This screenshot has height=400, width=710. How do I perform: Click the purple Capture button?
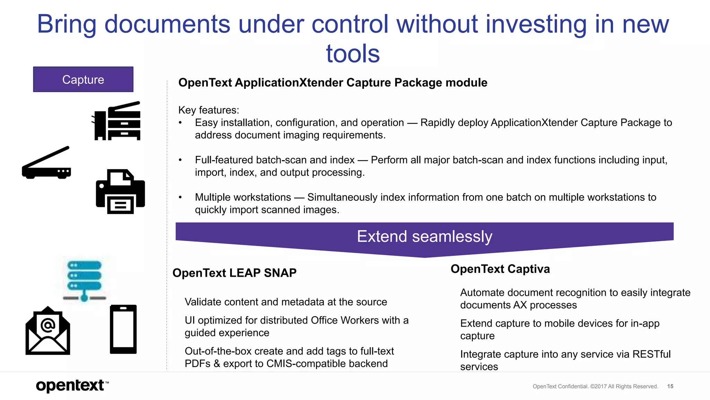[83, 80]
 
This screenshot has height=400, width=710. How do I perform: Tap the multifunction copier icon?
[117, 121]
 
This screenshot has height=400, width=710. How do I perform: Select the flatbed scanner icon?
[46, 163]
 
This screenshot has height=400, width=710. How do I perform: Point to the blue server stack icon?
[84, 280]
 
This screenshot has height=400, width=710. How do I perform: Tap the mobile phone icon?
[123, 329]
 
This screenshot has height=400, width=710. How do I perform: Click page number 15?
[670, 386]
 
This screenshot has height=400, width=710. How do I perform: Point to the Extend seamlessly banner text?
[424, 236]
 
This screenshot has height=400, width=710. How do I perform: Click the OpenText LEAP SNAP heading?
[234, 273]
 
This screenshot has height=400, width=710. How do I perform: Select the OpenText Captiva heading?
[500, 269]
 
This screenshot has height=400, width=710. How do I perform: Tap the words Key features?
[209, 110]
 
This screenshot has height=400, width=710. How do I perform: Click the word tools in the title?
[353, 54]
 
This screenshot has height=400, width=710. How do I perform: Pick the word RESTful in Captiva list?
[651, 354]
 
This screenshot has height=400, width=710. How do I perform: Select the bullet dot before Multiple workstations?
[180, 197]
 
